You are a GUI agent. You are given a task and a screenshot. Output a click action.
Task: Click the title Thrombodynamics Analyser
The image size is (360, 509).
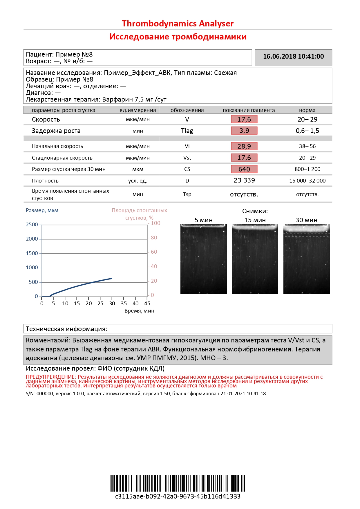coord(178,24)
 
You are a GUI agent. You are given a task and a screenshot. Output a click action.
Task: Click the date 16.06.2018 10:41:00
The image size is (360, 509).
coord(293,57)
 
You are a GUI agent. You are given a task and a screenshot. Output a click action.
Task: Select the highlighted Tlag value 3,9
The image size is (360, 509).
coord(244,131)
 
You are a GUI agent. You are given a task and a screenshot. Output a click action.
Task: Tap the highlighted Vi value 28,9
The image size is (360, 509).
coord(244,146)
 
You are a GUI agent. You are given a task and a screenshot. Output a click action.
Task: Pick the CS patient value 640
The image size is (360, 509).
coord(244,169)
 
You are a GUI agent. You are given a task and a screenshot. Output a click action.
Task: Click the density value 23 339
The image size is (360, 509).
coord(244,181)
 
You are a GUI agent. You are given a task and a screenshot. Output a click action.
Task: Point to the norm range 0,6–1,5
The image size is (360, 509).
coord(307,131)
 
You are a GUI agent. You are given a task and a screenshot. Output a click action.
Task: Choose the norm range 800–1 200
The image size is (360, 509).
coord(307,169)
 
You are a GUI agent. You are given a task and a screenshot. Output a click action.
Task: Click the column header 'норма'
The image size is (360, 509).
coord(307,110)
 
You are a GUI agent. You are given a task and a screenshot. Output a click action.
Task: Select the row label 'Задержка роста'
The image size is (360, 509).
coord(56,131)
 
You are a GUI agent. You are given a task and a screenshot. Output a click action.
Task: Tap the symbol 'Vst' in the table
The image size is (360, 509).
coord(187,158)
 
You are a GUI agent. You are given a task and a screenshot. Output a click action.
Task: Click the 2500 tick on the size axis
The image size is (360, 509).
coord(32,225)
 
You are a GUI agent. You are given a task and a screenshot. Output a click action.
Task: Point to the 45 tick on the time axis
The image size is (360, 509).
coord(147,304)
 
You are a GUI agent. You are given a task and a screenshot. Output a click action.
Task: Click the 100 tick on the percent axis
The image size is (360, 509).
coord(155,223)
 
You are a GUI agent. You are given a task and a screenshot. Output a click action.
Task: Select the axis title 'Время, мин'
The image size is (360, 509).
coord(139,311)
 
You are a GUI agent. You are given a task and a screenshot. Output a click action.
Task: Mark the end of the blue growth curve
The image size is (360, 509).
coord(112,278)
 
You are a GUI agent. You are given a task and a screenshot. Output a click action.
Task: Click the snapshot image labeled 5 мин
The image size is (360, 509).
coord(203,259)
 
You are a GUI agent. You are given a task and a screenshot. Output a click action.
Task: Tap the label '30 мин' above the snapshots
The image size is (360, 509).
coord(306,220)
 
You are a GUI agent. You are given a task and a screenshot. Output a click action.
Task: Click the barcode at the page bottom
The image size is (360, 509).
coord(178,483)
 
